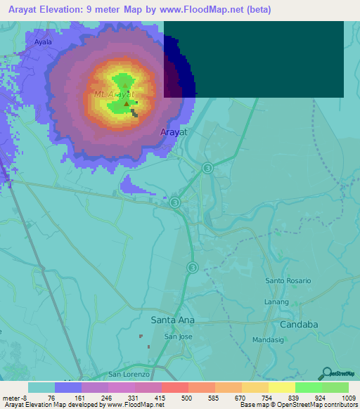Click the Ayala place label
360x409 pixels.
pos(43,42)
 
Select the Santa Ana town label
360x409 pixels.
pos(172,320)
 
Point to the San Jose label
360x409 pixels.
pos(179,337)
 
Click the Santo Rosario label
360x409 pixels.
pos(288,280)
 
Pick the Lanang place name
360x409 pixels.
pos(276,302)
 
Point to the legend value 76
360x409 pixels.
pos(51,398)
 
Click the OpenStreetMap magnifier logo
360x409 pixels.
pos(326,373)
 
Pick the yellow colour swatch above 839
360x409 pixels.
pos(282,387)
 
